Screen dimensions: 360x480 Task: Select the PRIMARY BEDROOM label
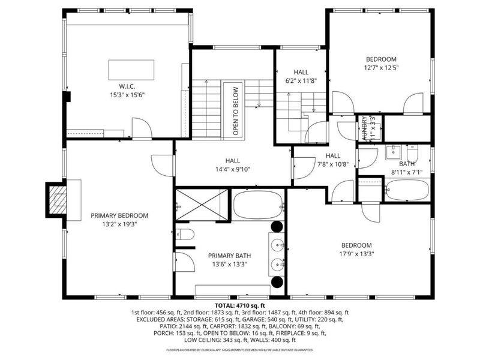coord(119,215)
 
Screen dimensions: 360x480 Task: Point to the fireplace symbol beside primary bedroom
coord(58,198)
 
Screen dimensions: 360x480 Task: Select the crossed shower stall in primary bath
coord(202,204)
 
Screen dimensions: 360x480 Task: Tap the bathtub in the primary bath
coord(257,205)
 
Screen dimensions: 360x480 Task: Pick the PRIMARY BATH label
coord(227,255)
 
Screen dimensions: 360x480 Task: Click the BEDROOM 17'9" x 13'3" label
coord(356,245)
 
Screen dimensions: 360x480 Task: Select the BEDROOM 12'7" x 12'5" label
coord(382,59)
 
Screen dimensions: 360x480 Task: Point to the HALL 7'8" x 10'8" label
coord(332,155)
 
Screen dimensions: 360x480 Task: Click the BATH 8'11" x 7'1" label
coord(407,163)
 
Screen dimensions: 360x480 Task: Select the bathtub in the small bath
coord(408,191)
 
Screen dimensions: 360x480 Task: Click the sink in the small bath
coord(397,151)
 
